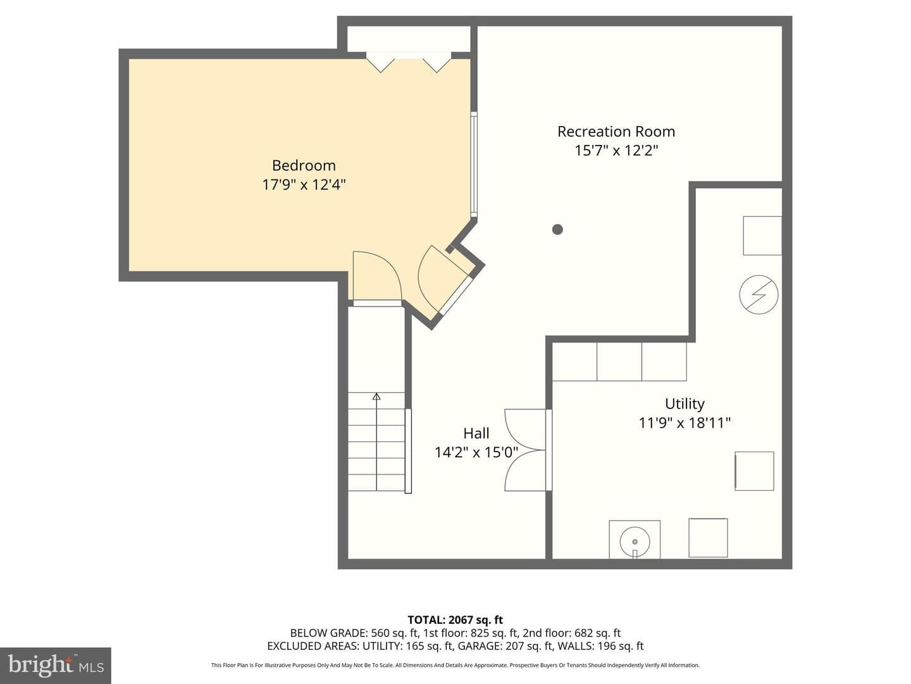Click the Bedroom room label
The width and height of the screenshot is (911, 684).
(x=304, y=165)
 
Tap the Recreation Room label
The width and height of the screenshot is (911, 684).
(x=616, y=131)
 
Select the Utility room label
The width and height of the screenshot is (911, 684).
(x=685, y=403)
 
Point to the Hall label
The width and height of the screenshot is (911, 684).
(x=476, y=433)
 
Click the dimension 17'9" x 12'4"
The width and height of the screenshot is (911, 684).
(x=304, y=184)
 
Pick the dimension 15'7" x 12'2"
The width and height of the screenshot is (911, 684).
(x=616, y=150)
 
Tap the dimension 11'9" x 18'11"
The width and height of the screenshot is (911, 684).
(x=685, y=423)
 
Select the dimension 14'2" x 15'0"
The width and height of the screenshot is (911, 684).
(x=476, y=452)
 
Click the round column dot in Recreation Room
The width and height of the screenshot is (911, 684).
(x=557, y=229)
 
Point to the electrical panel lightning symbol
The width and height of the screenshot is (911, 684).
(x=759, y=294)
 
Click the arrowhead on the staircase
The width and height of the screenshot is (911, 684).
(x=376, y=396)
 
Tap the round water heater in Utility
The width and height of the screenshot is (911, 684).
(x=635, y=541)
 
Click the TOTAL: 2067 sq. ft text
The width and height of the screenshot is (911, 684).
(x=455, y=619)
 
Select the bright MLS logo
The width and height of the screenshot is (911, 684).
(x=56, y=665)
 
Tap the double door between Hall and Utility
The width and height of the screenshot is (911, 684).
(x=526, y=450)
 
